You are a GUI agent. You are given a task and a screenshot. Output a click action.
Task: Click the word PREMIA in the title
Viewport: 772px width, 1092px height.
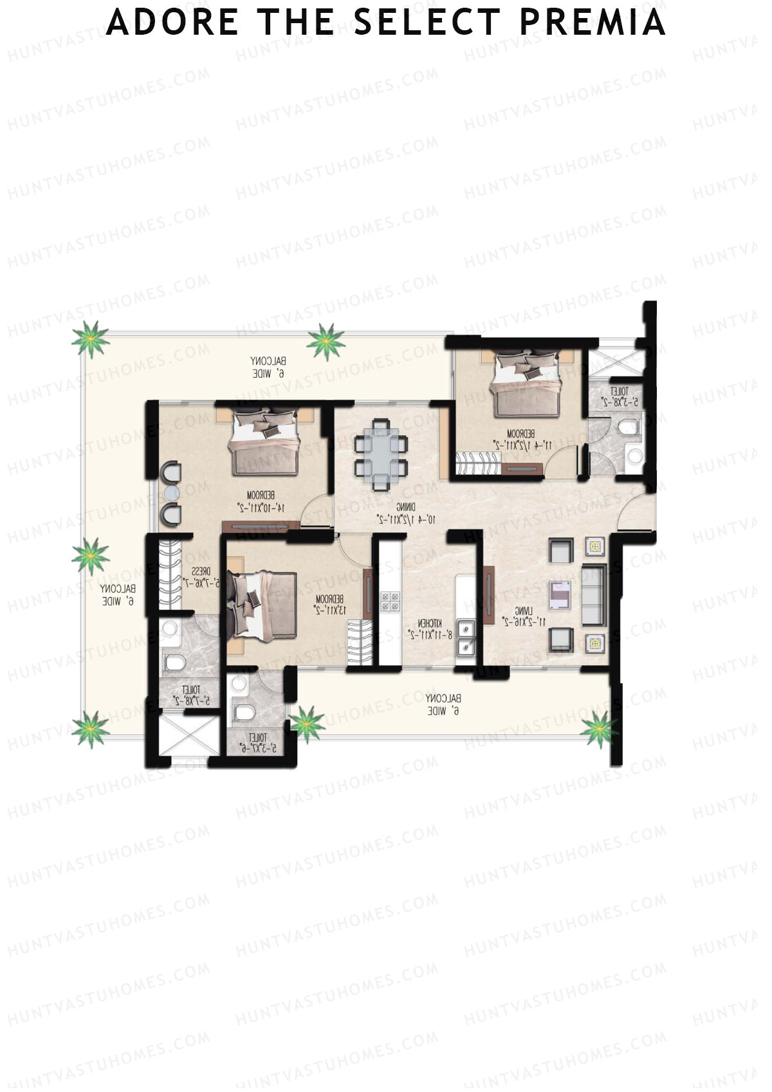coord(592,22)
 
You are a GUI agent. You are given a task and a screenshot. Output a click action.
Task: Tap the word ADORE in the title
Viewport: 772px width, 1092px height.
coord(172,22)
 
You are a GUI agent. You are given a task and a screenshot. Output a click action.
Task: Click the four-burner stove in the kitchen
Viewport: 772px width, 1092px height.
coord(391,601)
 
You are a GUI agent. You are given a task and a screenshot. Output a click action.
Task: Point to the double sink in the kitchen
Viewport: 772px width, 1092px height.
coord(466,638)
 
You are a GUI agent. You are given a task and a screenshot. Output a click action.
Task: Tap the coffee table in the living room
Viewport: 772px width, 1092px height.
coord(559,595)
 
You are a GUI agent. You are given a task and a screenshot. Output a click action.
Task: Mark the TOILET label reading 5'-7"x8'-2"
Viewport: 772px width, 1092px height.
coord(192,695)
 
